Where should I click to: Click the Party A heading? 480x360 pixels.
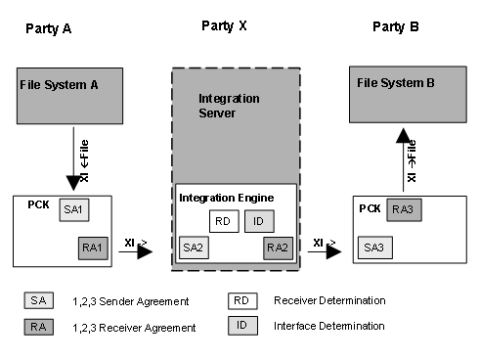(x=49, y=29)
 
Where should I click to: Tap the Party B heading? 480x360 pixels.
(x=396, y=25)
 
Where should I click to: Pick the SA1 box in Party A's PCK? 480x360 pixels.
(x=72, y=210)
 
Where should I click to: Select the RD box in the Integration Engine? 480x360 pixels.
(x=223, y=222)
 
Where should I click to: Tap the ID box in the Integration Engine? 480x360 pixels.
(x=257, y=222)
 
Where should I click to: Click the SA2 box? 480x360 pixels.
(x=193, y=247)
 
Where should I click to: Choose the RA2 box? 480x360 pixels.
(x=278, y=247)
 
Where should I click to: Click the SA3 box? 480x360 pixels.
(x=372, y=248)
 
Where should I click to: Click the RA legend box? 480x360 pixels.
(x=38, y=328)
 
